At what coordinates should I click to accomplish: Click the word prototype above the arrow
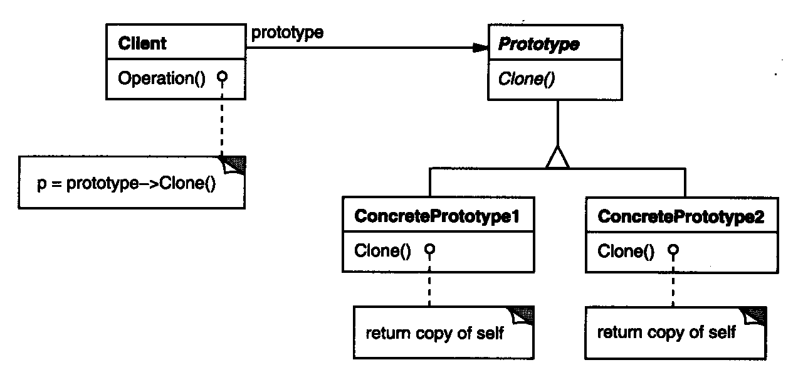coord(287,33)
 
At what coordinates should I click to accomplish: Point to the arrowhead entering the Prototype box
coord(480,47)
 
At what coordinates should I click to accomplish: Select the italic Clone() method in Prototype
coord(525,79)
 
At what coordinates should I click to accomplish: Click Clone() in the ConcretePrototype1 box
coord(382,252)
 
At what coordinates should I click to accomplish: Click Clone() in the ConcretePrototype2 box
coord(626,252)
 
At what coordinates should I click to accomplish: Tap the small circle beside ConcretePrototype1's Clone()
coord(429,250)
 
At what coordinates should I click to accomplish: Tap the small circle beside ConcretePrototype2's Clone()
coord(673,250)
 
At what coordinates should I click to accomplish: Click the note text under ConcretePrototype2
coord(666,332)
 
